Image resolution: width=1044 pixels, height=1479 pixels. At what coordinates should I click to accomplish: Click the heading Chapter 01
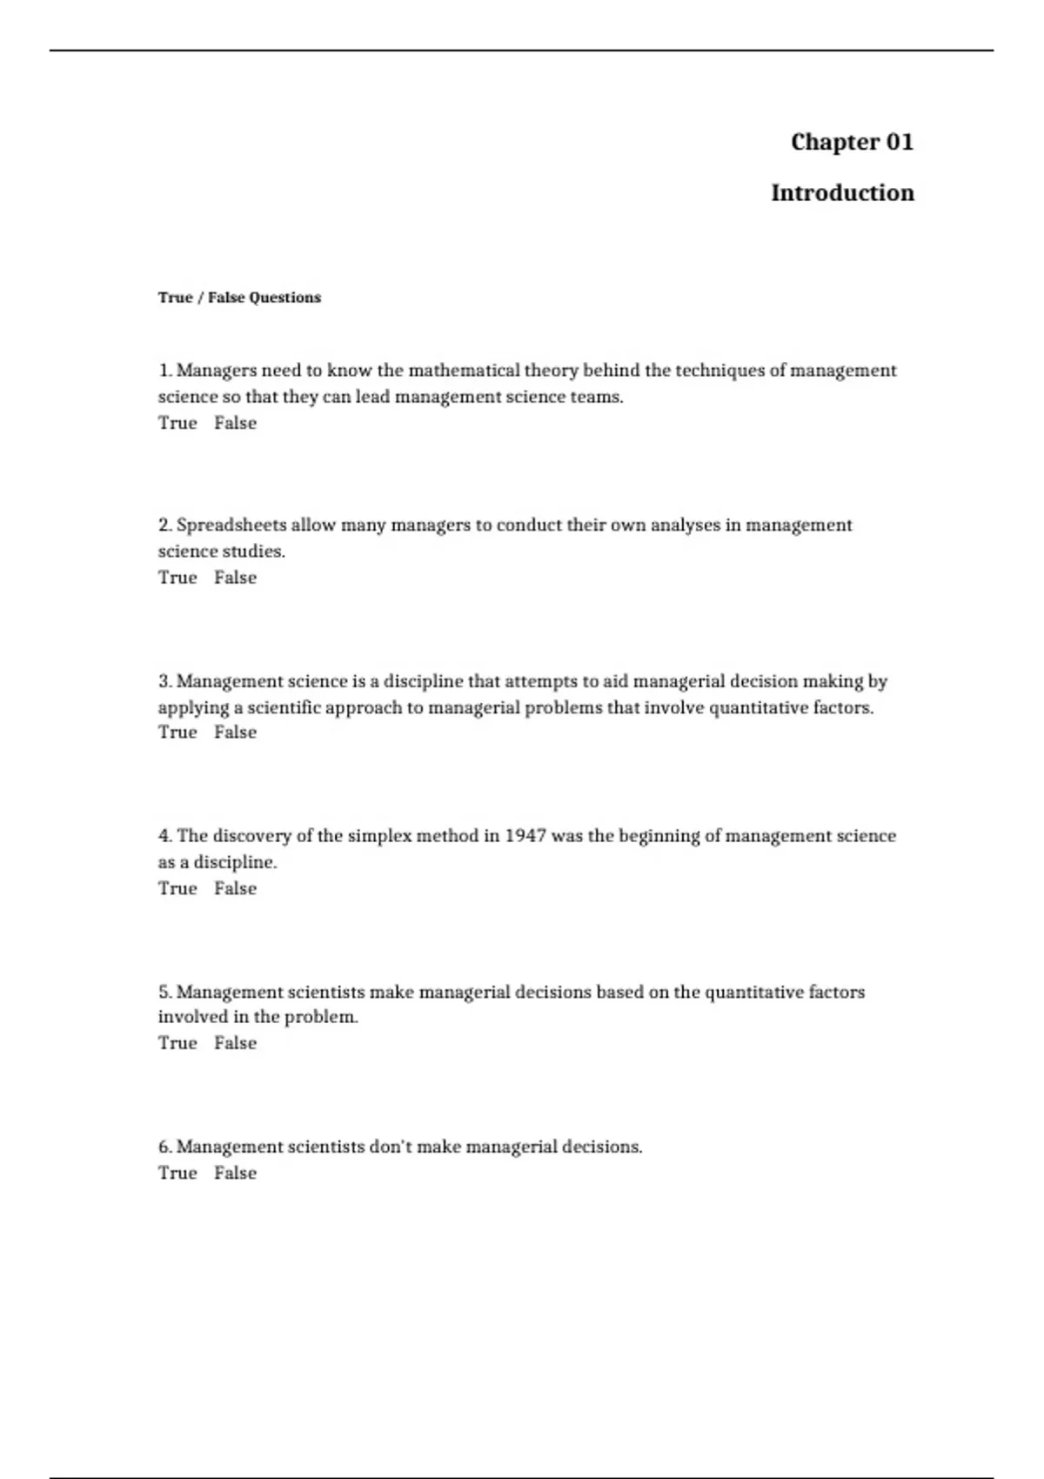click(x=852, y=142)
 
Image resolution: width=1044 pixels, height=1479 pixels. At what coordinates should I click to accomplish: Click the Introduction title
click(x=842, y=192)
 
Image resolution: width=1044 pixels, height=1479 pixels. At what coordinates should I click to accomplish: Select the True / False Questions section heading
click(x=239, y=298)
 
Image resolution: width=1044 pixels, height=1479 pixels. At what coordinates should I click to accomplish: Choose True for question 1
click(x=177, y=423)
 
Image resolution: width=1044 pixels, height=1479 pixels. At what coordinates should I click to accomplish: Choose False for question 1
click(x=235, y=423)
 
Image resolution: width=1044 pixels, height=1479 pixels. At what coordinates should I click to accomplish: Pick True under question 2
click(x=177, y=578)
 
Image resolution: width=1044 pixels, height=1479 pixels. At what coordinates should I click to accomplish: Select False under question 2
click(x=235, y=578)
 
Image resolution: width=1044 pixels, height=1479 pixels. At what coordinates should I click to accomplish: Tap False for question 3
click(x=235, y=733)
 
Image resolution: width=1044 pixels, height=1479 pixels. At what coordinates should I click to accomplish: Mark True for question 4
click(x=177, y=888)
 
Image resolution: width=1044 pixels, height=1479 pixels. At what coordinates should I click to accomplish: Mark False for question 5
click(x=235, y=1043)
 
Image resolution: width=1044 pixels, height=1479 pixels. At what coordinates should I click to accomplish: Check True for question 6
click(x=177, y=1173)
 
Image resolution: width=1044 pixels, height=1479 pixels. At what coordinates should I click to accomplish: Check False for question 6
click(x=235, y=1173)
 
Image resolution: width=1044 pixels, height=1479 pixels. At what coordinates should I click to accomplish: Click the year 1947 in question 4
click(x=525, y=836)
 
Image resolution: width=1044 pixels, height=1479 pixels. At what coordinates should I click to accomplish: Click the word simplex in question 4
click(x=378, y=836)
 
